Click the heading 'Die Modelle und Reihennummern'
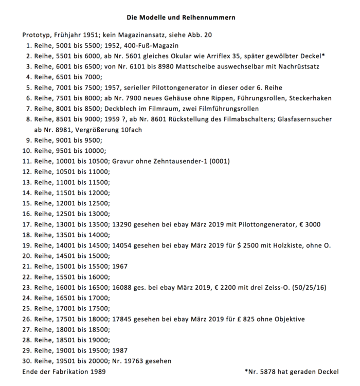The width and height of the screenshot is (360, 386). (x=181, y=17)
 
